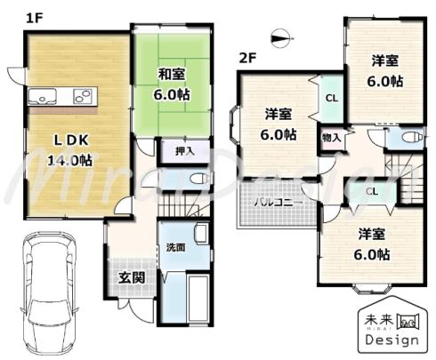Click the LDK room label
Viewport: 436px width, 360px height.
71,140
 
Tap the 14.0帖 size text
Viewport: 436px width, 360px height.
70,160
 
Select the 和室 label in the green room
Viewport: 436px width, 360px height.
172,74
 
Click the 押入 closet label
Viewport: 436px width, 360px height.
185,151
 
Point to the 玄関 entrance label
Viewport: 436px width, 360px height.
132,277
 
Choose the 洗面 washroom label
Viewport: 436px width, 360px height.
176,247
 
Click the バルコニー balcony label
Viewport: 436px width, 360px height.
279,203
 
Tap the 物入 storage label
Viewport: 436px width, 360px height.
331,138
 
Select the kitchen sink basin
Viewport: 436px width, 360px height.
43,97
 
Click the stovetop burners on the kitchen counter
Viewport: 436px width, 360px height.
84,96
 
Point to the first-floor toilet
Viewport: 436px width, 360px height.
199,179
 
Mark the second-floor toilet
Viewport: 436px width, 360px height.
412,137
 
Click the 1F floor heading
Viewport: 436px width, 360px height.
35,19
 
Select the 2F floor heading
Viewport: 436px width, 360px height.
247,58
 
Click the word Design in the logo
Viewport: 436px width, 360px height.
392,340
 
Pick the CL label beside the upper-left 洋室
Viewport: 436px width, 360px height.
332,98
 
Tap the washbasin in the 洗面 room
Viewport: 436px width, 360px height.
201,233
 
